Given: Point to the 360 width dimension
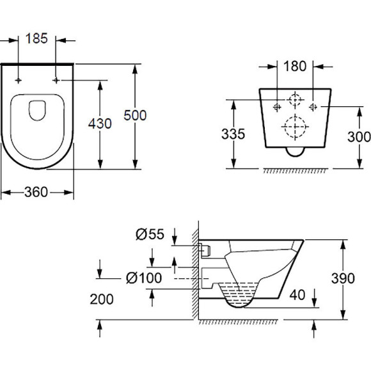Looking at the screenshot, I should tap(36, 191).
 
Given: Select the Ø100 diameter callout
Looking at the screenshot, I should tap(143, 277).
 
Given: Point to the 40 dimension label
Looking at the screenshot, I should tap(297, 295).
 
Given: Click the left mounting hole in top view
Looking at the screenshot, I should tap(19, 80).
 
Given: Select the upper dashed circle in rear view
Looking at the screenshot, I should tap(295, 100).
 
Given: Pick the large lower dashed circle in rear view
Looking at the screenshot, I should tap(294, 127).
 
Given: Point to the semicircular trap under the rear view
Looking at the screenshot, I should tap(295, 151).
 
